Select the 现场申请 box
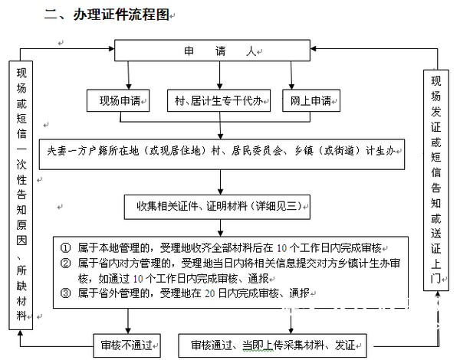(x=120, y=100)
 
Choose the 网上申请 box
(x=310, y=100)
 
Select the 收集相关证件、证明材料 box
(x=221, y=204)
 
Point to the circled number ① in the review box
(x=66, y=248)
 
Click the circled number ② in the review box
(x=66, y=263)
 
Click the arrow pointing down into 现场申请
(x=117, y=86)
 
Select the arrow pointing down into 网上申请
(x=291, y=86)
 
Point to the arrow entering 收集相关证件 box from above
(x=221, y=188)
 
